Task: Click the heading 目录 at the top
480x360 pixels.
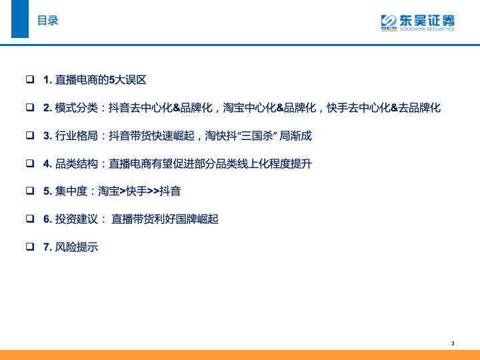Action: click(48, 21)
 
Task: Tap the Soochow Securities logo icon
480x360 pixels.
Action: click(389, 23)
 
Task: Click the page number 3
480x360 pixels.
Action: click(453, 343)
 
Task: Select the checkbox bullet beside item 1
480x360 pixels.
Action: click(30, 79)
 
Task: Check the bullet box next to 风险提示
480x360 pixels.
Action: click(30, 247)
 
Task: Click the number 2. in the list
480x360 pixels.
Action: click(47, 108)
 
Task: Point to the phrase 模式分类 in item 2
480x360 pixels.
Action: click(76, 108)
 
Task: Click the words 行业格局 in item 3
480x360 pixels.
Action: click(76, 135)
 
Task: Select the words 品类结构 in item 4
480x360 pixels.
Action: click(76, 163)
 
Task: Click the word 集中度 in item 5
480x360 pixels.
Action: click(71, 191)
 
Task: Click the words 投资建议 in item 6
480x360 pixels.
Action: click(76, 219)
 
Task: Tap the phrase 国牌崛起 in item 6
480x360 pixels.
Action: click(197, 219)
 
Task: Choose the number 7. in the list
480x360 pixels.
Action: click(47, 247)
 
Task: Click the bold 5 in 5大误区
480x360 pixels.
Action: click(112, 80)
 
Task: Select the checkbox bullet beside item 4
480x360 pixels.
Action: click(30, 163)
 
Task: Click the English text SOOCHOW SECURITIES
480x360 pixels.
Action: click(427, 29)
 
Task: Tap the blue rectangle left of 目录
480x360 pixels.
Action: click(20, 19)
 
